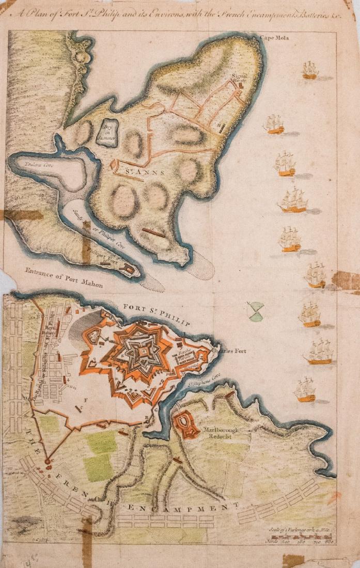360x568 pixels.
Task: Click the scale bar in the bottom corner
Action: (x=310, y=538)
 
